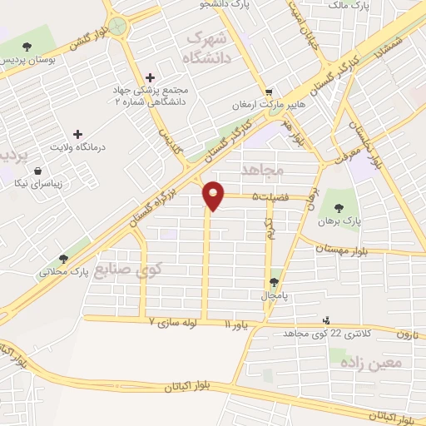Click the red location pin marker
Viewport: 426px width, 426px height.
(214, 195)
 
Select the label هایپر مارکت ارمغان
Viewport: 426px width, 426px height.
(268, 106)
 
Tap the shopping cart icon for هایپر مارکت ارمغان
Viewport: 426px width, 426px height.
(268, 92)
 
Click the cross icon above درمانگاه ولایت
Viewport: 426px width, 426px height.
(77, 133)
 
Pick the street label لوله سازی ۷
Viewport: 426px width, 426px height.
(174, 319)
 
